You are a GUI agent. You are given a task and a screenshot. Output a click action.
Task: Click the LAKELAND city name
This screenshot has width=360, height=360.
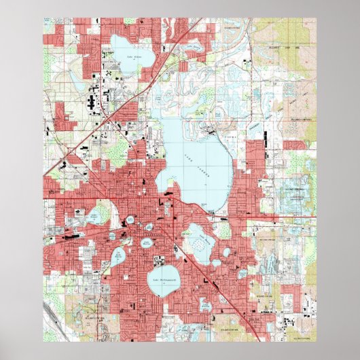146,231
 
